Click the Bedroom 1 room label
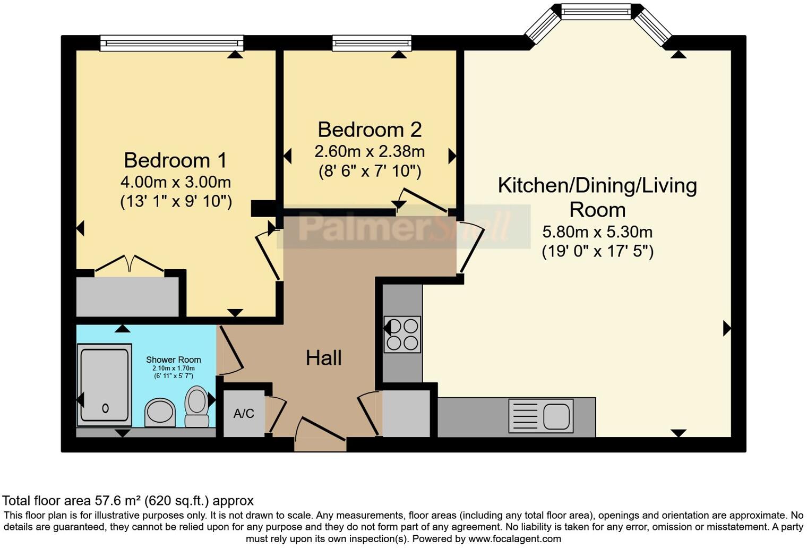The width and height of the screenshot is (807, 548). point(175,160)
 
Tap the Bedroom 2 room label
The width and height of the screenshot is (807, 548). point(370,130)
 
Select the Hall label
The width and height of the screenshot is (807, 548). point(323,358)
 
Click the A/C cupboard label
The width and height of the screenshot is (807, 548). point(244,414)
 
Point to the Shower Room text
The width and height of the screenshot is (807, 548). point(173,359)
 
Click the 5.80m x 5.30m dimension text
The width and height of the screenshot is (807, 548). point(597,232)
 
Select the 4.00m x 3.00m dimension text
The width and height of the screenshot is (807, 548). point(175,182)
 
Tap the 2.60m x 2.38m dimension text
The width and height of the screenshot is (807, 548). point(370,152)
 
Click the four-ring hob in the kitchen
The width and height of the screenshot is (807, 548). point(402,335)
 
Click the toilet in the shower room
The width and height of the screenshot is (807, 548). point(196,406)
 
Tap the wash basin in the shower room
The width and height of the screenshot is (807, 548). point(160,412)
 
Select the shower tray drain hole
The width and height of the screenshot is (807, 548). point(105,408)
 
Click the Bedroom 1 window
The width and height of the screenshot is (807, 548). point(171,43)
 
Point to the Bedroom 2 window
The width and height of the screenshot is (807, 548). point(372,43)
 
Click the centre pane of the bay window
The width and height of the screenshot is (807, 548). point(596,11)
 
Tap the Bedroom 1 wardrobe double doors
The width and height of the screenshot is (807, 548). point(130,263)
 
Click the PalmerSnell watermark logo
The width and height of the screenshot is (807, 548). point(403,227)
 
